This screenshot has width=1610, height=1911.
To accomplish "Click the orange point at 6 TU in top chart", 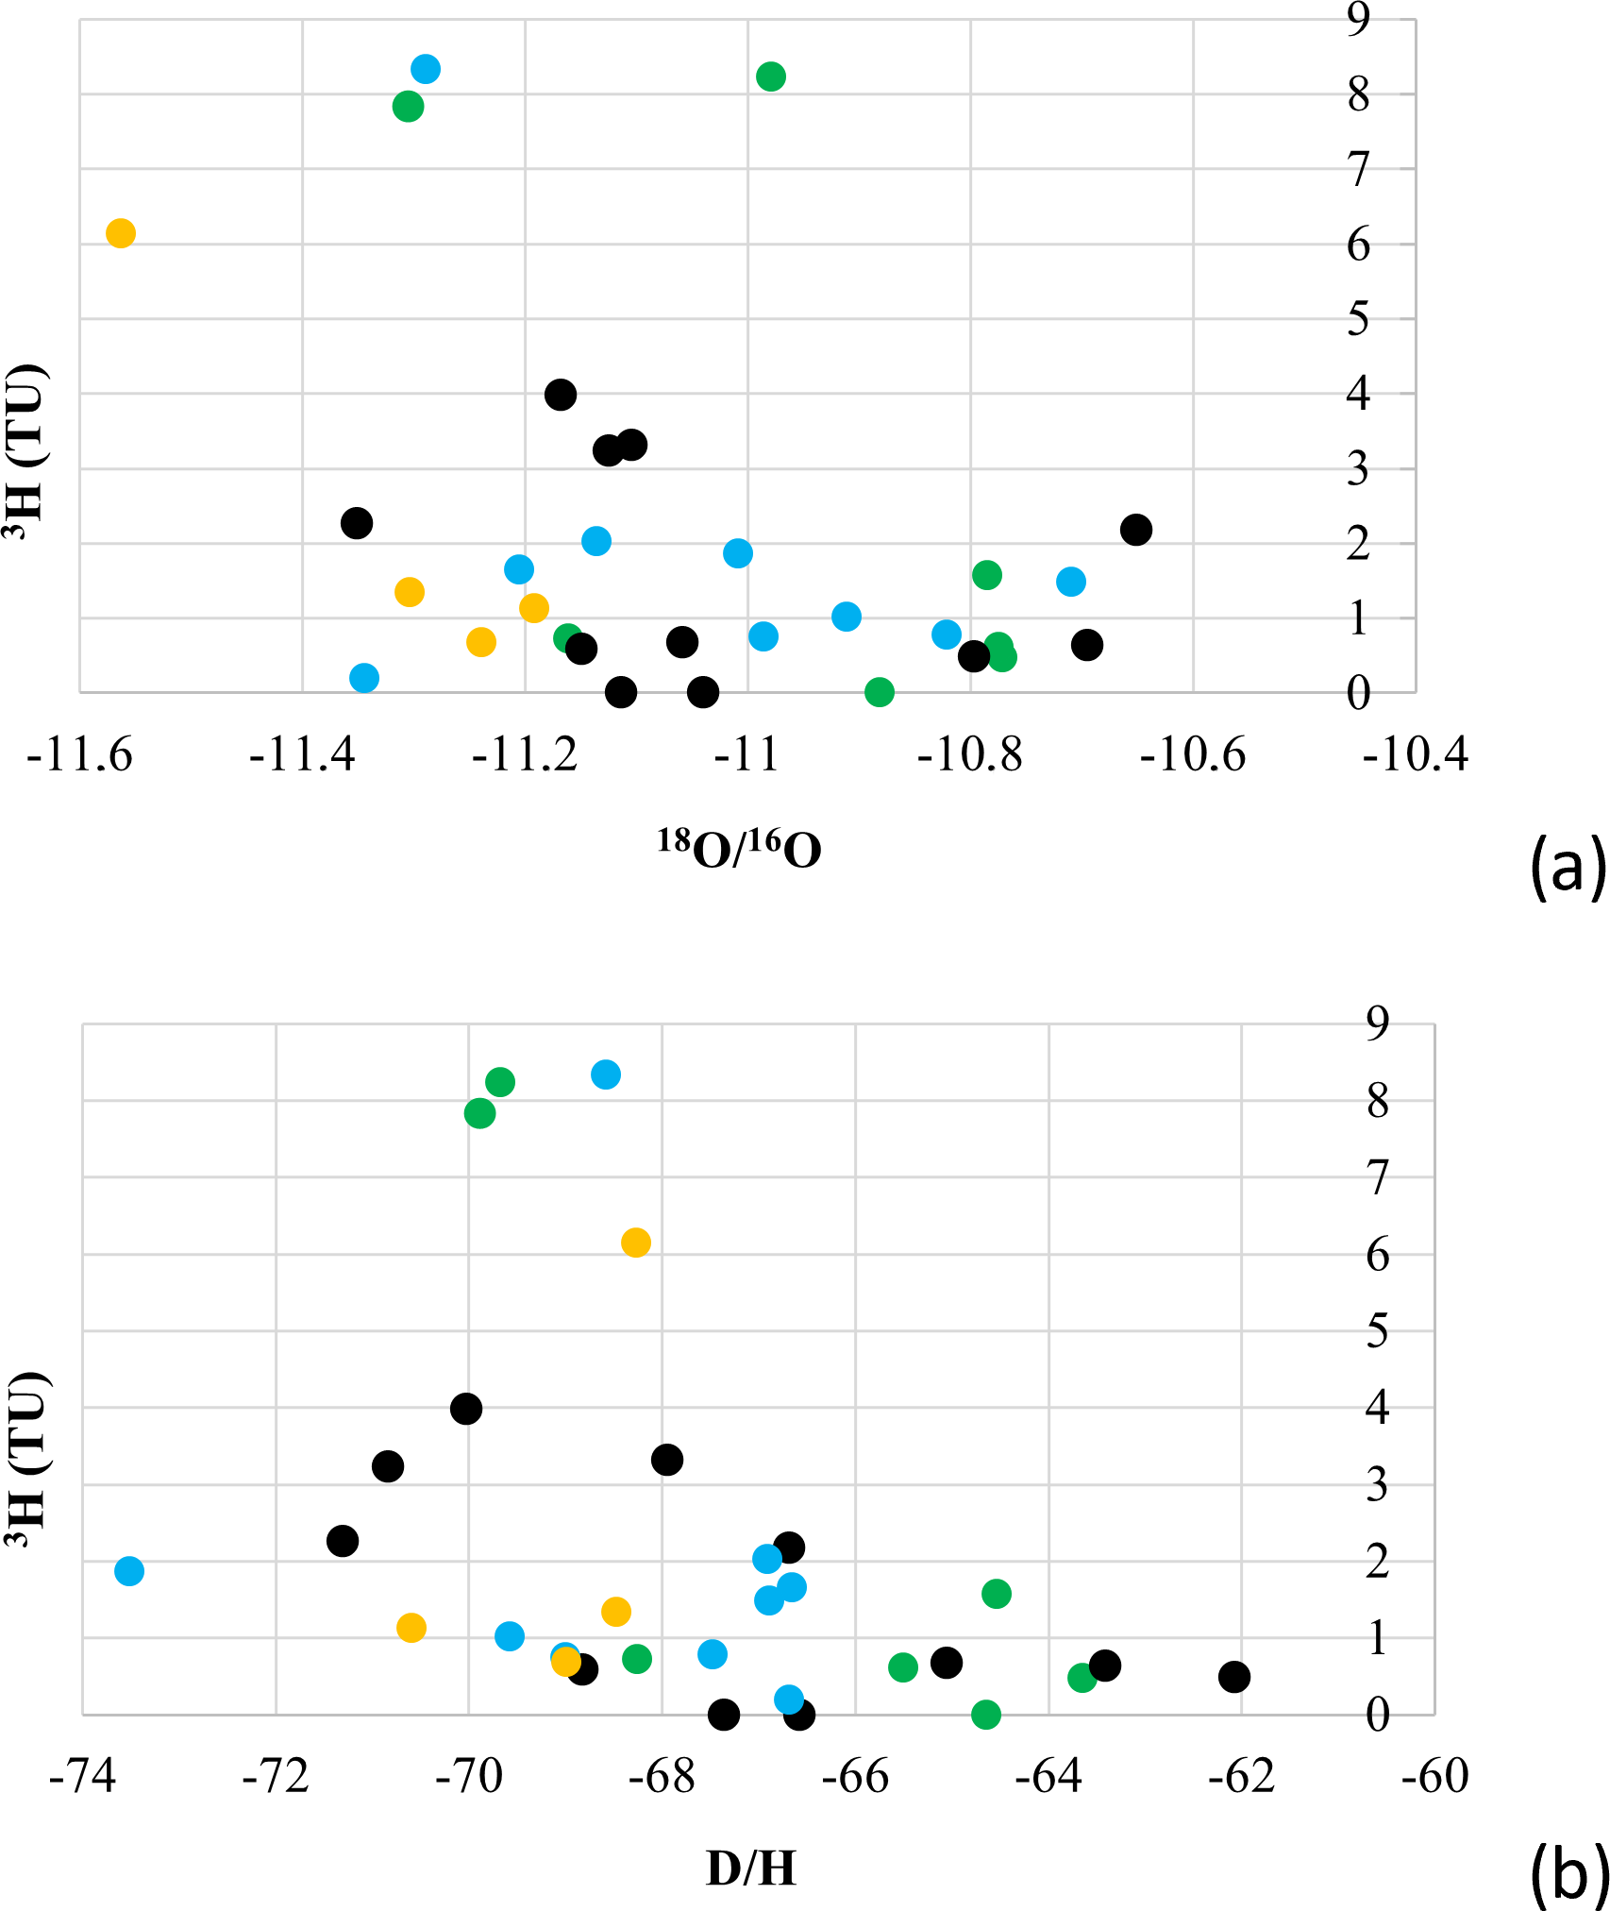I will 121,232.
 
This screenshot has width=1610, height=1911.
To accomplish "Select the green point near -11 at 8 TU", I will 771,76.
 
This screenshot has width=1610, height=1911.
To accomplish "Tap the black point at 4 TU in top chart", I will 561,394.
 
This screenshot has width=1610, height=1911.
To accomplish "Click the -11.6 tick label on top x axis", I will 79,756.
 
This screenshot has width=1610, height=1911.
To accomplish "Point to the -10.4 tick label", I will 1416,756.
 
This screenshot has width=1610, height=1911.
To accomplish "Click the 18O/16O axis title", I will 740,849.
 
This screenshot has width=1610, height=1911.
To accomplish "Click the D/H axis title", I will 751,1867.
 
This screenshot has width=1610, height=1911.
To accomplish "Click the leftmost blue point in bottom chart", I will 129,1571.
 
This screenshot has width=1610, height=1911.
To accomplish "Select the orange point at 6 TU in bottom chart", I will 636,1243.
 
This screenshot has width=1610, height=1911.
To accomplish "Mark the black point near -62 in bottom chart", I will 1234,1677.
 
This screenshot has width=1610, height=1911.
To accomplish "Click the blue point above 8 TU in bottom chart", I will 606,1074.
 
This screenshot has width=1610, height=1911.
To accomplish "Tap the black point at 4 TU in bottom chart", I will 466,1409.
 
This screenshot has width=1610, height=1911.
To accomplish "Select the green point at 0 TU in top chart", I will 880,692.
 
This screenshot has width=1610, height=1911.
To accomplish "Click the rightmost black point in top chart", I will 1136,530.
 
